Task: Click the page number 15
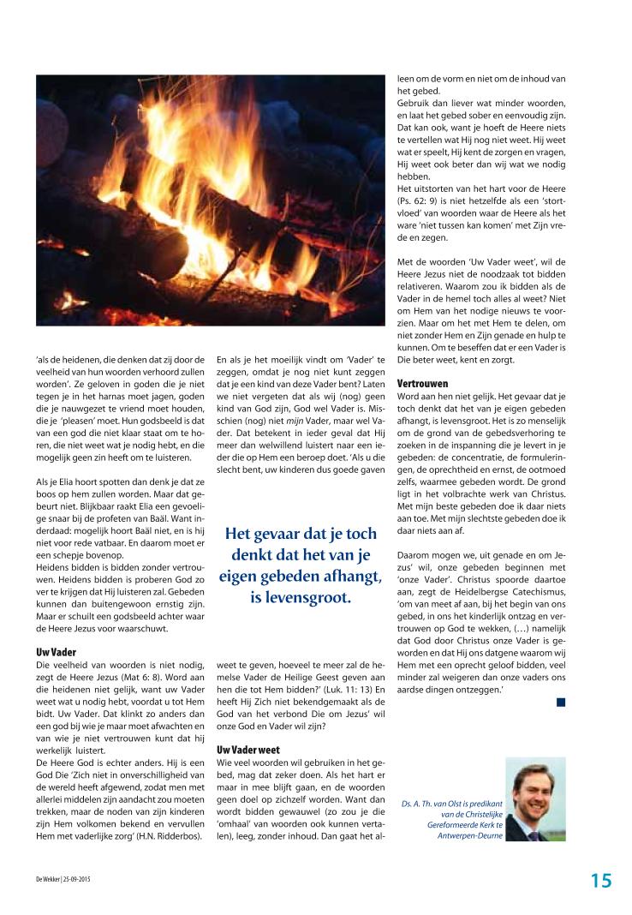coord(600,880)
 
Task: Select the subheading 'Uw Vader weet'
coord(249,749)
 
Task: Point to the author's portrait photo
coord(536,799)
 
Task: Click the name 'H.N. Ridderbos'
coord(170,862)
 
